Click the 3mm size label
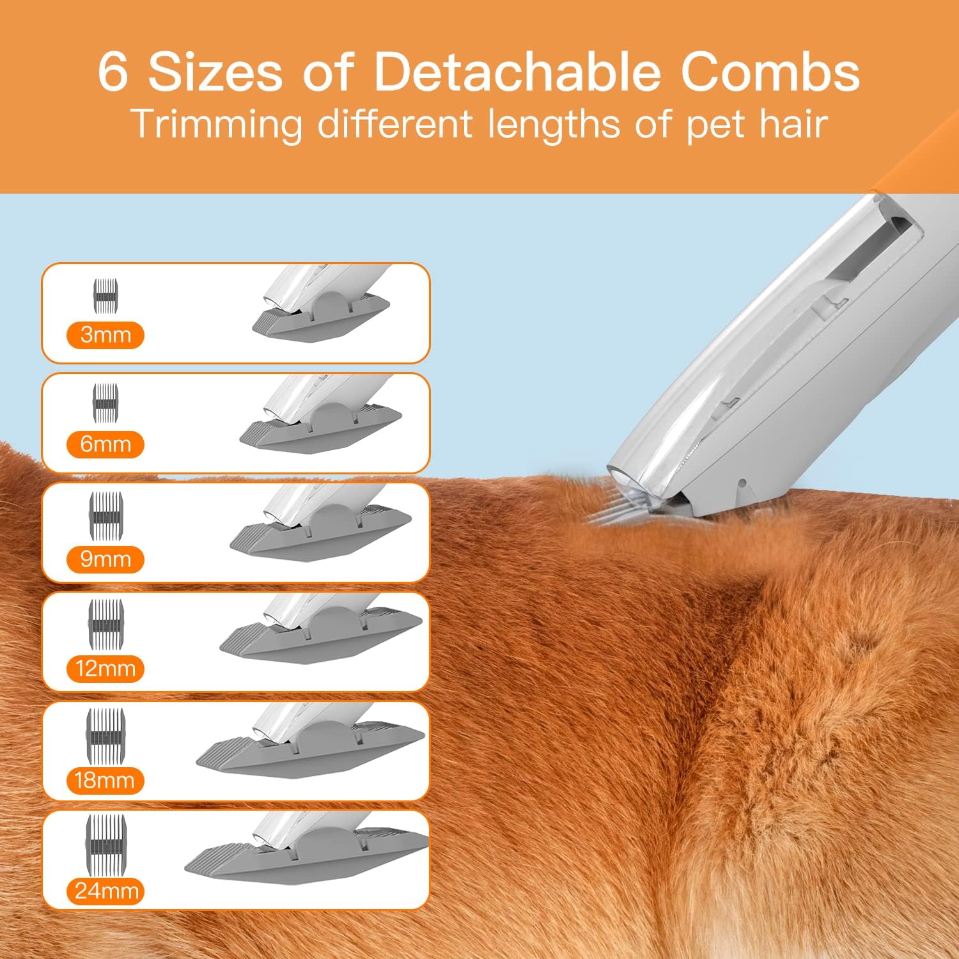click(x=105, y=335)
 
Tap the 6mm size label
click(x=105, y=444)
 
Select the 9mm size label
click(x=105, y=559)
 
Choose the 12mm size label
click(x=105, y=669)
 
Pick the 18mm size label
click(x=105, y=781)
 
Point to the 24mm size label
click(x=106, y=891)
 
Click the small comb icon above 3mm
click(x=107, y=296)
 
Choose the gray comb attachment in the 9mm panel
click(x=320, y=537)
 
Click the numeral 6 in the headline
click(x=113, y=72)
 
